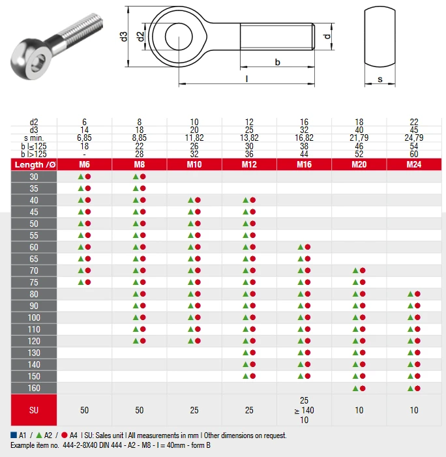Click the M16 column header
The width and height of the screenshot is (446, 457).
coord(304,164)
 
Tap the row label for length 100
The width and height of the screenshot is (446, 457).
coord(34,317)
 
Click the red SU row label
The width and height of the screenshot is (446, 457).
coord(34,410)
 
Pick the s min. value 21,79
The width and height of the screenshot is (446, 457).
coord(359,138)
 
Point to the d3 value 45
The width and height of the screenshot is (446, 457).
coord(414,130)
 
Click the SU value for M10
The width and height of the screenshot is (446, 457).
coord(194,410)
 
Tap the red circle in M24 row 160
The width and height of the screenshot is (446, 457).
coord(417,388)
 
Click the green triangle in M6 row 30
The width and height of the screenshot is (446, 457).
coord(81,177)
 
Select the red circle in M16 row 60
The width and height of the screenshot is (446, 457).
coord(308,247)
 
